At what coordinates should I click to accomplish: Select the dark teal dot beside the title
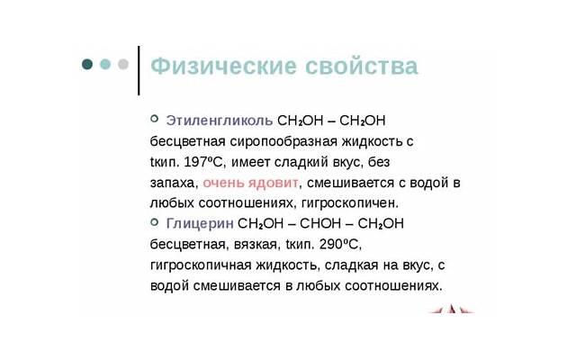pos(87,65)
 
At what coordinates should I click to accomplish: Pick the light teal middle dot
pos(105,65)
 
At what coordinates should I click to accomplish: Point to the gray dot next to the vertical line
pos(123,65)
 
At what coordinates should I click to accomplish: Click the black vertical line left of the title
pos(139,69)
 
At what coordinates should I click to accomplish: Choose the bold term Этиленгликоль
pos(220,121)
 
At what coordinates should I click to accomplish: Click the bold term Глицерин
pos(200,223)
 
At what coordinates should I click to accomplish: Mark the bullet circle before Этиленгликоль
pos(154,119)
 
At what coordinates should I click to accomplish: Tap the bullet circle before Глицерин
pos(154,221)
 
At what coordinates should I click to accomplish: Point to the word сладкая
pos(355,265)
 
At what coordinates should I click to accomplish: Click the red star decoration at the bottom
pos(450,310)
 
